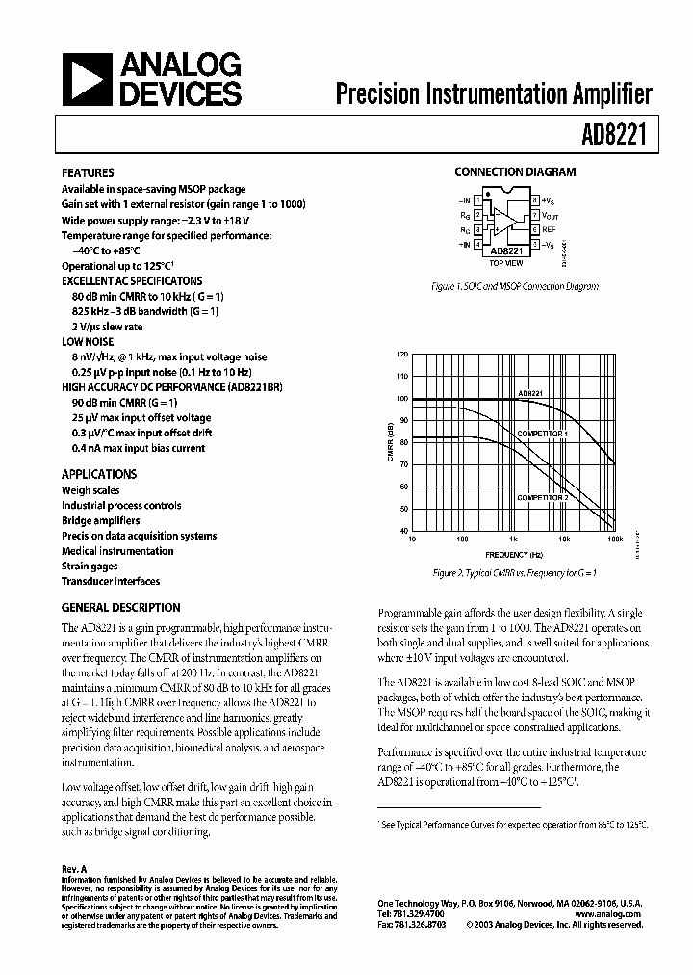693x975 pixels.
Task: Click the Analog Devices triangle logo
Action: (x=87, y=80)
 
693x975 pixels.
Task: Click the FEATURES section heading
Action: (x=88, y=173)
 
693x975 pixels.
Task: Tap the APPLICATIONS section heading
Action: (x=99, y=474)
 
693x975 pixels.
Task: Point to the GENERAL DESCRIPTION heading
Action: (x=120, y=608)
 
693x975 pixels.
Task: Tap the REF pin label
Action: (x=549, y=230)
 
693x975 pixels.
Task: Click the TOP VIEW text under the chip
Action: (x=505, y=262)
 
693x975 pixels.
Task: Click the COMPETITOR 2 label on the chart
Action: (x=542, y=497)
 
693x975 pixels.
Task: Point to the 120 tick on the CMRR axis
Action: (x=402, y=355)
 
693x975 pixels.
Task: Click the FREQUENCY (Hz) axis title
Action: (x=514, y=556)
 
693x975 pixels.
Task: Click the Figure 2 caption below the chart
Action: (x=515, y=573)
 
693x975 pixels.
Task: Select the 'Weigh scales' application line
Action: (x=90, y=490)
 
